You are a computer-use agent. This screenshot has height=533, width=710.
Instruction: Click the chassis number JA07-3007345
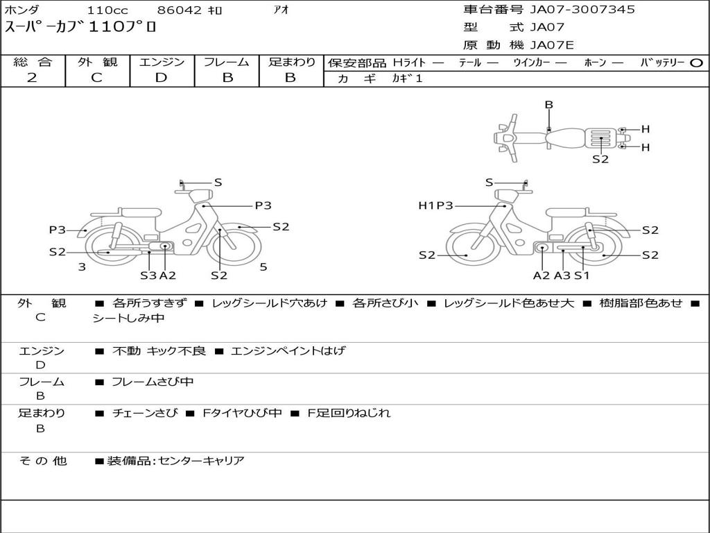[x=582, y=10]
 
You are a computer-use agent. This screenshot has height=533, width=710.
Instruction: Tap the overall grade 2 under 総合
[x=32, y=78]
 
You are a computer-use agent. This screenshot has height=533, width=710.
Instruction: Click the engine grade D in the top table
[x=161, y=78]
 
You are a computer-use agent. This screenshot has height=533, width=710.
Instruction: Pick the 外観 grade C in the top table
[x=96, y=78]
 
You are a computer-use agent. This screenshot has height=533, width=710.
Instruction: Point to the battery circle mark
[x=696, y=63]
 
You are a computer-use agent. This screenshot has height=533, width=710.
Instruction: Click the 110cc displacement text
[x=107, y=10]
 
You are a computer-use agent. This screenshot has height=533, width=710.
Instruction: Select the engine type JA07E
[x=552, y=45]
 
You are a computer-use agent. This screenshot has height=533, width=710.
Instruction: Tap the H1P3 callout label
[x=435, y=205]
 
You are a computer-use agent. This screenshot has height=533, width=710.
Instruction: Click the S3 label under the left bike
[x=148, y=275]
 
